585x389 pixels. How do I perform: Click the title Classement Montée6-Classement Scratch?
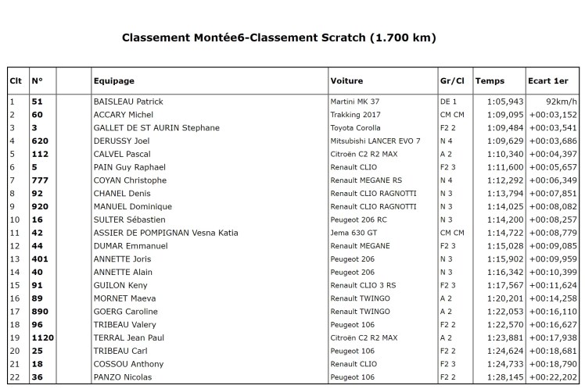(278, 37)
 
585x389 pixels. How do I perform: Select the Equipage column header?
(114, 80)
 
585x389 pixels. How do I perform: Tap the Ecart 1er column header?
(548, 80)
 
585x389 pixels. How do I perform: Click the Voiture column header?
(346, 80)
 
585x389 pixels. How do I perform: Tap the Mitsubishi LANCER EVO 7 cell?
(375, 141)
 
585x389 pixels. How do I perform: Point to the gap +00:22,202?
(553, 377)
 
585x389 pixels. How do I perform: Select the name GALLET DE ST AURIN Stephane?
(156, 127)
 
